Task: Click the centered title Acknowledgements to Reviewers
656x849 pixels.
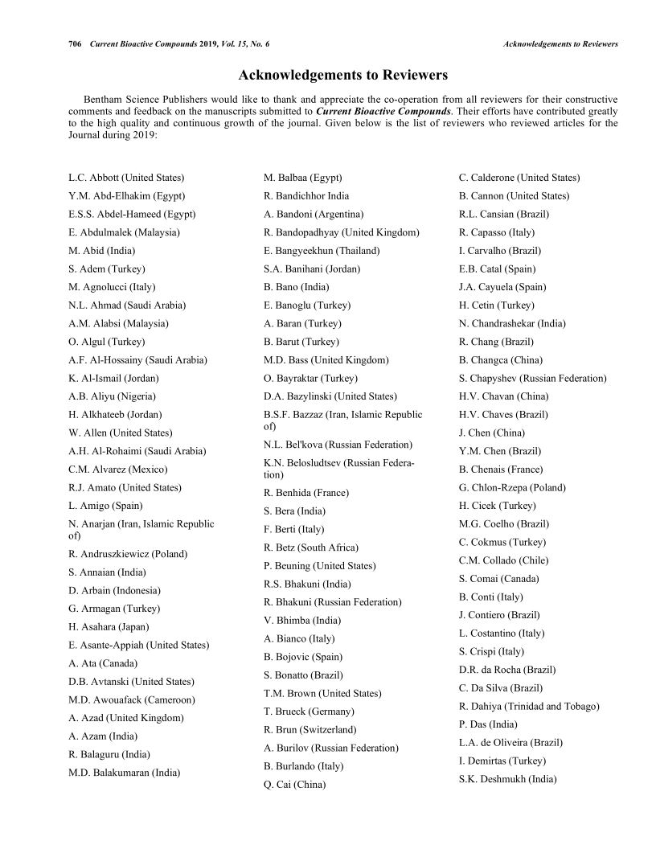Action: pos(343,76)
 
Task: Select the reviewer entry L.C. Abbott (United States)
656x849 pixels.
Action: pos(126,178)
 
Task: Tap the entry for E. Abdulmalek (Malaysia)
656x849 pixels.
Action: pos(124,232)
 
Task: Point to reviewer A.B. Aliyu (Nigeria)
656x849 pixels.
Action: pos(113,396)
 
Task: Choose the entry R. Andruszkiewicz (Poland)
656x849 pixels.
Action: pos(128,554)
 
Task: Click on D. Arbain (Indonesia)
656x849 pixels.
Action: pos(114,591)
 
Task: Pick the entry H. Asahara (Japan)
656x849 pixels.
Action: pos(109,627)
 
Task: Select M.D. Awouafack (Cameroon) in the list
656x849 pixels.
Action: pos(132,699)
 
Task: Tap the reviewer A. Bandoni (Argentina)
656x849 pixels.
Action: pos(314,214)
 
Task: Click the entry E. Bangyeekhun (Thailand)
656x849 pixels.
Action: pos(322,251)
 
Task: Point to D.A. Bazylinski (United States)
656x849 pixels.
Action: pos(330,396)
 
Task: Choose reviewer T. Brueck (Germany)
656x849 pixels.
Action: pos(309,712)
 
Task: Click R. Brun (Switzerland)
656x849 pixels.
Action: pos(310,730)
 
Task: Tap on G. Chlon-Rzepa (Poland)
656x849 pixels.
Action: pos(512,488)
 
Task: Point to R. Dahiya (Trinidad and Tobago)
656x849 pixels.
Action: pos(529,707)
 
